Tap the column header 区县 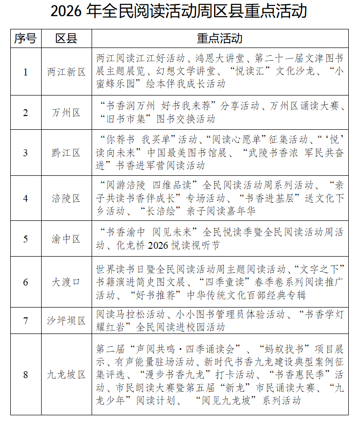coord(67,38)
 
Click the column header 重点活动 coord(219,38)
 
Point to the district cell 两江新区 coord(67,71)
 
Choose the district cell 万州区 coord(67,113)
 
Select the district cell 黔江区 coord(67,153)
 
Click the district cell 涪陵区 coord(67,198)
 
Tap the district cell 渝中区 coord(67,239)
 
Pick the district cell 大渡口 coord(67,282)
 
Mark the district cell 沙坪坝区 coord(67,321)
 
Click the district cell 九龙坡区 coord(67,375)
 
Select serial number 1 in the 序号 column coord(25,71)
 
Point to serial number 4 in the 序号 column coord(25,198)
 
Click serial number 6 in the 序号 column coord(25,282)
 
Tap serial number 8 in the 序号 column coord(25,375)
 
